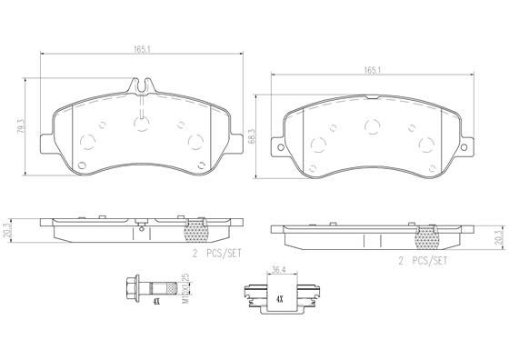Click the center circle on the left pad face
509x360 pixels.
tap(140, 125)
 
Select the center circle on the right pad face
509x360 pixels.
tap(371, 128)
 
